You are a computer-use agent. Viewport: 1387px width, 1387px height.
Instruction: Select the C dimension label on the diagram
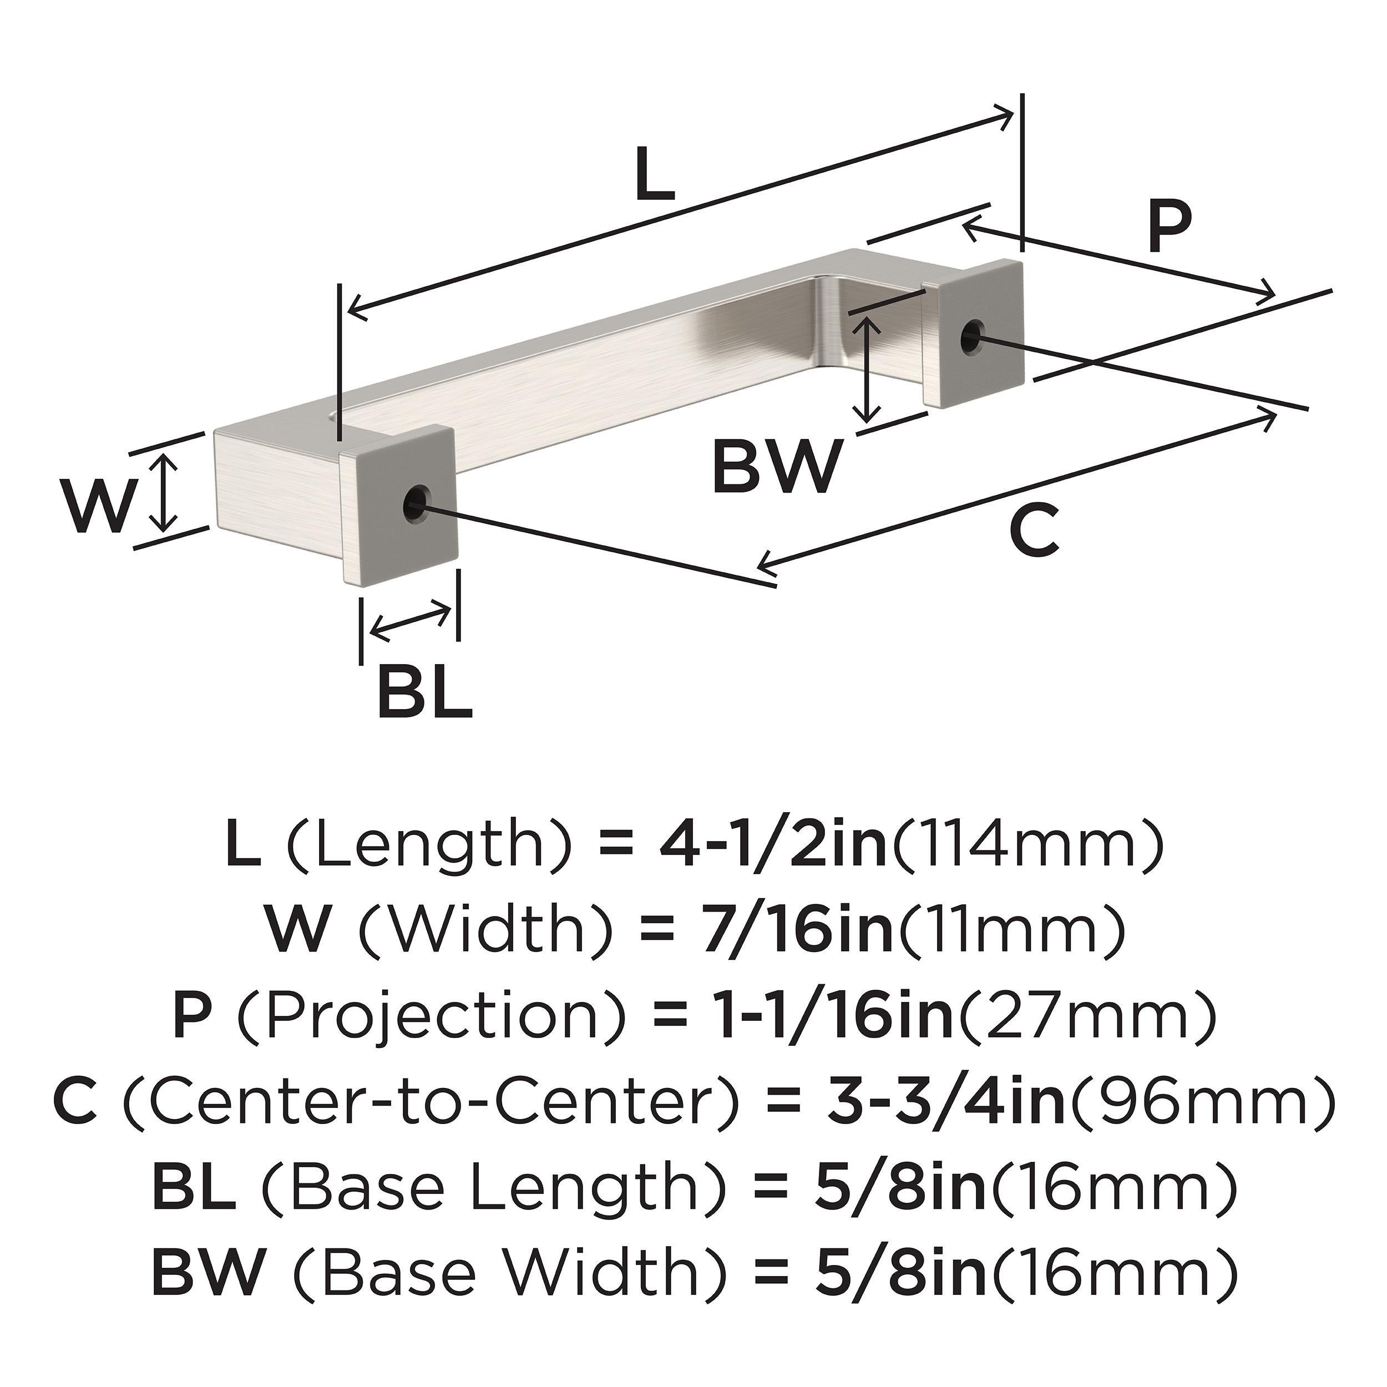(x=1034, y=530)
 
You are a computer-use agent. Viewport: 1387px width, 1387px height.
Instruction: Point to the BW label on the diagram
(x=776, y=467)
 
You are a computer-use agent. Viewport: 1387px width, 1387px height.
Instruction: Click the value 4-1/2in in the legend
(x=773, y=847)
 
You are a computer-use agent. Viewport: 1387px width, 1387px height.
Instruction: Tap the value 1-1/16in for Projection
(x=837, y=1015)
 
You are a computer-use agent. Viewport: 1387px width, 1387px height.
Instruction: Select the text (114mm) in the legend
(x=1026, y=847)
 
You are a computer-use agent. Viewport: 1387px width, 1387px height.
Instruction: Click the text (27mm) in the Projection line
(x=1090, y=1015)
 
